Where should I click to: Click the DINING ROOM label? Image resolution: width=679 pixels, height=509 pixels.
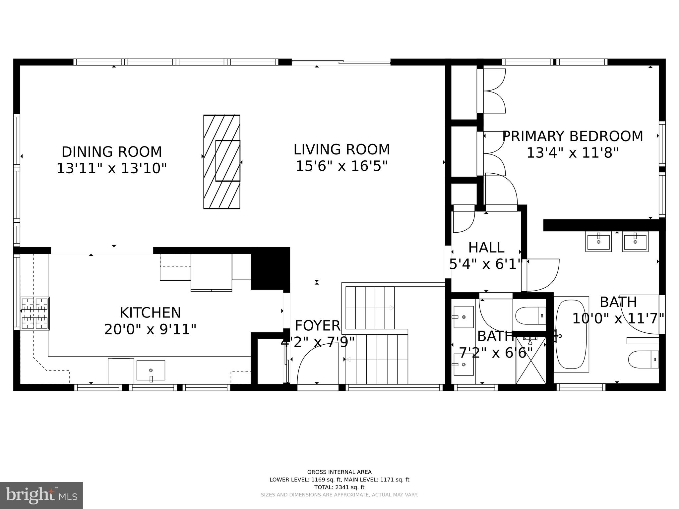point(112,152)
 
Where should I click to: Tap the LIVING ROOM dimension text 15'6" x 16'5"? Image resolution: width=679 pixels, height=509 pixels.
point(341,166)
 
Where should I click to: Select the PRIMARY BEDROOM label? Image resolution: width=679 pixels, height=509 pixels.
point(573,137)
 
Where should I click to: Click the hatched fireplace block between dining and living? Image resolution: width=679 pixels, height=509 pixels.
point(221,162)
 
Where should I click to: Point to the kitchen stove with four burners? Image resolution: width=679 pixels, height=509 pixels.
point(35,313)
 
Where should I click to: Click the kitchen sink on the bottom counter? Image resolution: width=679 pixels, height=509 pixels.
point(151,370)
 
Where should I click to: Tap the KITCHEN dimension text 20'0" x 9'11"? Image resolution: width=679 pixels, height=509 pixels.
point(150,330)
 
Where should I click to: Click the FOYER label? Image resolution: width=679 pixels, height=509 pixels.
point(317,326)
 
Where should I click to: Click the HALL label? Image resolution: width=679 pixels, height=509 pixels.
point(486,248)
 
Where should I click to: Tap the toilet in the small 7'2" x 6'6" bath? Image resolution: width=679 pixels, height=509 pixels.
point(530,315)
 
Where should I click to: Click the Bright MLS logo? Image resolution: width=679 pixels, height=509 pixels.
point(41,495)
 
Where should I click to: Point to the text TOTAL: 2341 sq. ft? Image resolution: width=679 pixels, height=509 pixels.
point(339,487)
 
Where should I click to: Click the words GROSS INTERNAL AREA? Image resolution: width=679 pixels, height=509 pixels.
point(339,472)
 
